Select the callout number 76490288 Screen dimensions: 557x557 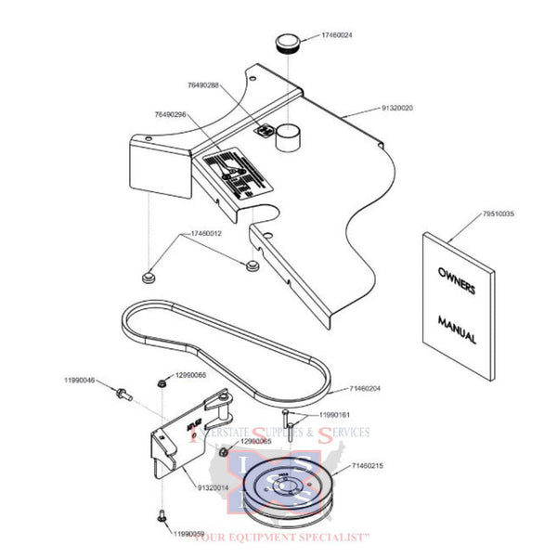[x=202, y=84]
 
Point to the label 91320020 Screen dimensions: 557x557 [x=398, y=109]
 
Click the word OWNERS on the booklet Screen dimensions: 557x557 [x=456, y=279]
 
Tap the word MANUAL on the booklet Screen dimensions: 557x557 [x=456, y=332]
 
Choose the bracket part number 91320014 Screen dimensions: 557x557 [x=215, y=486]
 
